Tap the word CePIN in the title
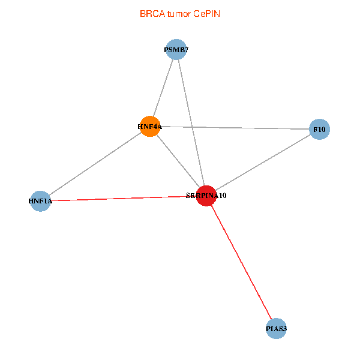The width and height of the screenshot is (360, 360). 206,13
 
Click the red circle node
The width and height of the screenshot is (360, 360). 206,196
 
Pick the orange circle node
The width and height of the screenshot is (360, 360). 149,126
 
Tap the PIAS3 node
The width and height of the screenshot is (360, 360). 276,329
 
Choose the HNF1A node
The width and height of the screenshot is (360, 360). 40,201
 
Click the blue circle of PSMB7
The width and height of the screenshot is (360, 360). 176,49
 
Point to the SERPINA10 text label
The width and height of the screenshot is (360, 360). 206,196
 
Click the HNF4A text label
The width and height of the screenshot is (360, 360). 149,127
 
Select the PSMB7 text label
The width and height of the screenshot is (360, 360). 176,50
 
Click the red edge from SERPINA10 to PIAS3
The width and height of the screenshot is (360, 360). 241,263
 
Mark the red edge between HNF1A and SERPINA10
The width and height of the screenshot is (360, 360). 123,198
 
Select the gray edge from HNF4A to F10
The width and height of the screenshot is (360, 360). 234,127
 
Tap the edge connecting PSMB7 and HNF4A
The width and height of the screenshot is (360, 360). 163,88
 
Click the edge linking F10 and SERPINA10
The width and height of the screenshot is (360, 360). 262,162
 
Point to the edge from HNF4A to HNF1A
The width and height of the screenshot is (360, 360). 95,163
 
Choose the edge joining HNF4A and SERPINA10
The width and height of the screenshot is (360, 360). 178,161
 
